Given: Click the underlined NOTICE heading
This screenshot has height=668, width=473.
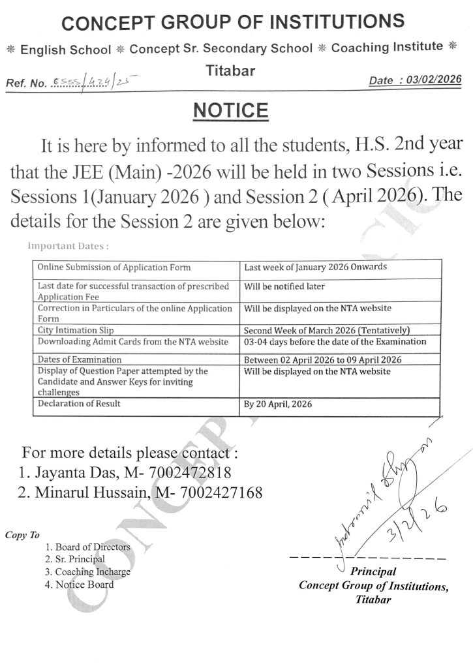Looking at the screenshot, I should [x=231, y=110].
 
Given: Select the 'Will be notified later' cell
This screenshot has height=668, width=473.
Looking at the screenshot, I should [x=284, y=286].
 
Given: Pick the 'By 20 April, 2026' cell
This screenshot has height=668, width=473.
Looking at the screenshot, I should [x=278, y=404].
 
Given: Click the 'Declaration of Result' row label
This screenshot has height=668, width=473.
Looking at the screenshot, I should [x=80, y=404].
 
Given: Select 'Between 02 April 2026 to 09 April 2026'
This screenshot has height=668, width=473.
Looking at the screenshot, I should [x=322, y=360].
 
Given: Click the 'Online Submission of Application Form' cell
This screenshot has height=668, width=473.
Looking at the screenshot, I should [x=114, y=267].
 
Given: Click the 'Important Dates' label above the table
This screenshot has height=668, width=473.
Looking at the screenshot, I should [x=69, y=247].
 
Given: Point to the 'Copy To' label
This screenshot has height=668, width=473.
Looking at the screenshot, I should [x=22, y=535].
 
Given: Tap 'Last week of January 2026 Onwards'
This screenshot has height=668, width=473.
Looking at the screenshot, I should [x=314, y=267].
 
